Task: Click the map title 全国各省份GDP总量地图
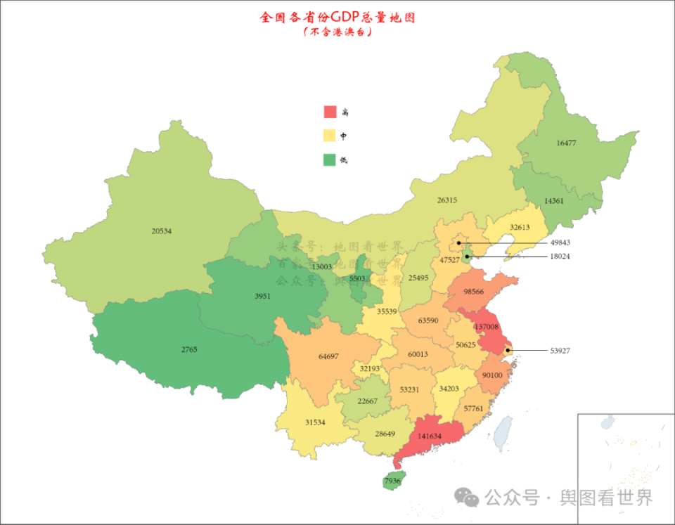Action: [x=337, y=17]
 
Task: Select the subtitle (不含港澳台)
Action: [x=337, y=32]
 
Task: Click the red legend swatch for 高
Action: [x=330, y=112]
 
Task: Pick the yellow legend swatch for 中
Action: [x=330, y=136]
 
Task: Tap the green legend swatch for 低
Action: [x=330, y=160]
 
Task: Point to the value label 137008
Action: [x=487, y=327]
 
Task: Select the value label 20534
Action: [x=161, y=231]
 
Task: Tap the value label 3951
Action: [x=262, y=297]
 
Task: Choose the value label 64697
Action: [x=328, y=356]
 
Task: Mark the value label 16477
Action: [x=566, y=143]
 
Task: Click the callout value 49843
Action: [x=560, y=243]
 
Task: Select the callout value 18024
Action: [x=560, y=257]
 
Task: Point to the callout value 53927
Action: [x=560, y=350]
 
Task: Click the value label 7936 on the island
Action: [x=392, y=481]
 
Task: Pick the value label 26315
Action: [x=446, y=200]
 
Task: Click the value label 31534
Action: [x=315, y=422]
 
